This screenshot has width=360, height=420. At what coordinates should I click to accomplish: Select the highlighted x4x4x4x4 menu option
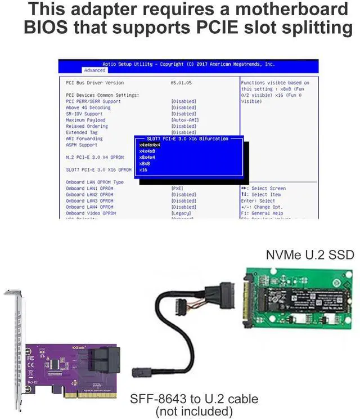click(x=150, y=145)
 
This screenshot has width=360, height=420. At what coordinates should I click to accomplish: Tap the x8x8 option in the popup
click(x=145, y=163)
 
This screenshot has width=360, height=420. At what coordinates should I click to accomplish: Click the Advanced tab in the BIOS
click(x=94, y=70)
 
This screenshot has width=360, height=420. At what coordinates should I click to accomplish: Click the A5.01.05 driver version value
click(x=181, y=83)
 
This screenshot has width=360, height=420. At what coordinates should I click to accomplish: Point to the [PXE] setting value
click(x=177, y=188)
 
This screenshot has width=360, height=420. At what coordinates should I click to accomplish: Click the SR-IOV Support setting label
click(x=84, y=114)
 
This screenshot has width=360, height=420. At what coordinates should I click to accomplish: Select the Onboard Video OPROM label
click(x=91, y=213)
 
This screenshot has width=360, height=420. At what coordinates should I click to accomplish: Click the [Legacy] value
click(x=181, y=213)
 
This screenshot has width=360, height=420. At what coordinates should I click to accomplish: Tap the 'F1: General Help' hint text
click(x=262, y=213)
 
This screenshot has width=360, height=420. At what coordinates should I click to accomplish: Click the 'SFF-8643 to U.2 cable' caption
click(x=194, y=399)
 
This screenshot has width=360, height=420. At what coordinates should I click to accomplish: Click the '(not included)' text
click(x=194, y=412)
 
